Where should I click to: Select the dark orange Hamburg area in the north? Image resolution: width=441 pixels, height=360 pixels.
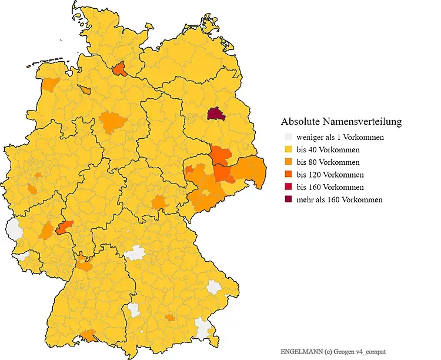point(119,69)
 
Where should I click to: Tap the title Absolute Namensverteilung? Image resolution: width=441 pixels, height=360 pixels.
point(341,122)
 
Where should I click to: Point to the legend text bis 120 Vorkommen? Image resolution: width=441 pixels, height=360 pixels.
point(330,175)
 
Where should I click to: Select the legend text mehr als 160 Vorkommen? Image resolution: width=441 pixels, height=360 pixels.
point(339,199)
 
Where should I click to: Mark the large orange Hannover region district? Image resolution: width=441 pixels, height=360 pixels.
point(113,122)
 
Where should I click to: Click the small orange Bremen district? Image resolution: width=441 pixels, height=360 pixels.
point(86,90)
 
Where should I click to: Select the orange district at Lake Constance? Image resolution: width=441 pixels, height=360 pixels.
point(89,335)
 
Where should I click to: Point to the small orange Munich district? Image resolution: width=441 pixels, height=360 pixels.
point(170,318)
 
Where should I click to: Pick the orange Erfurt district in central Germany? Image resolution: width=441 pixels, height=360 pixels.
point(159,204)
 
